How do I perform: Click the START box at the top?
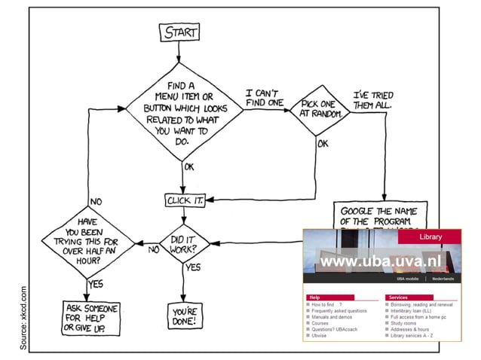(179, 32)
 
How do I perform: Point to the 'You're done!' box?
(183, 316)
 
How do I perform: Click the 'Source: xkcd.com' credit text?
(23, 317)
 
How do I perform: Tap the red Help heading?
(316, 297)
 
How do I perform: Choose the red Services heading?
(398, 297)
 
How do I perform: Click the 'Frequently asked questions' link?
(339, 311)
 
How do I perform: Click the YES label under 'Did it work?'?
(193, 267)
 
